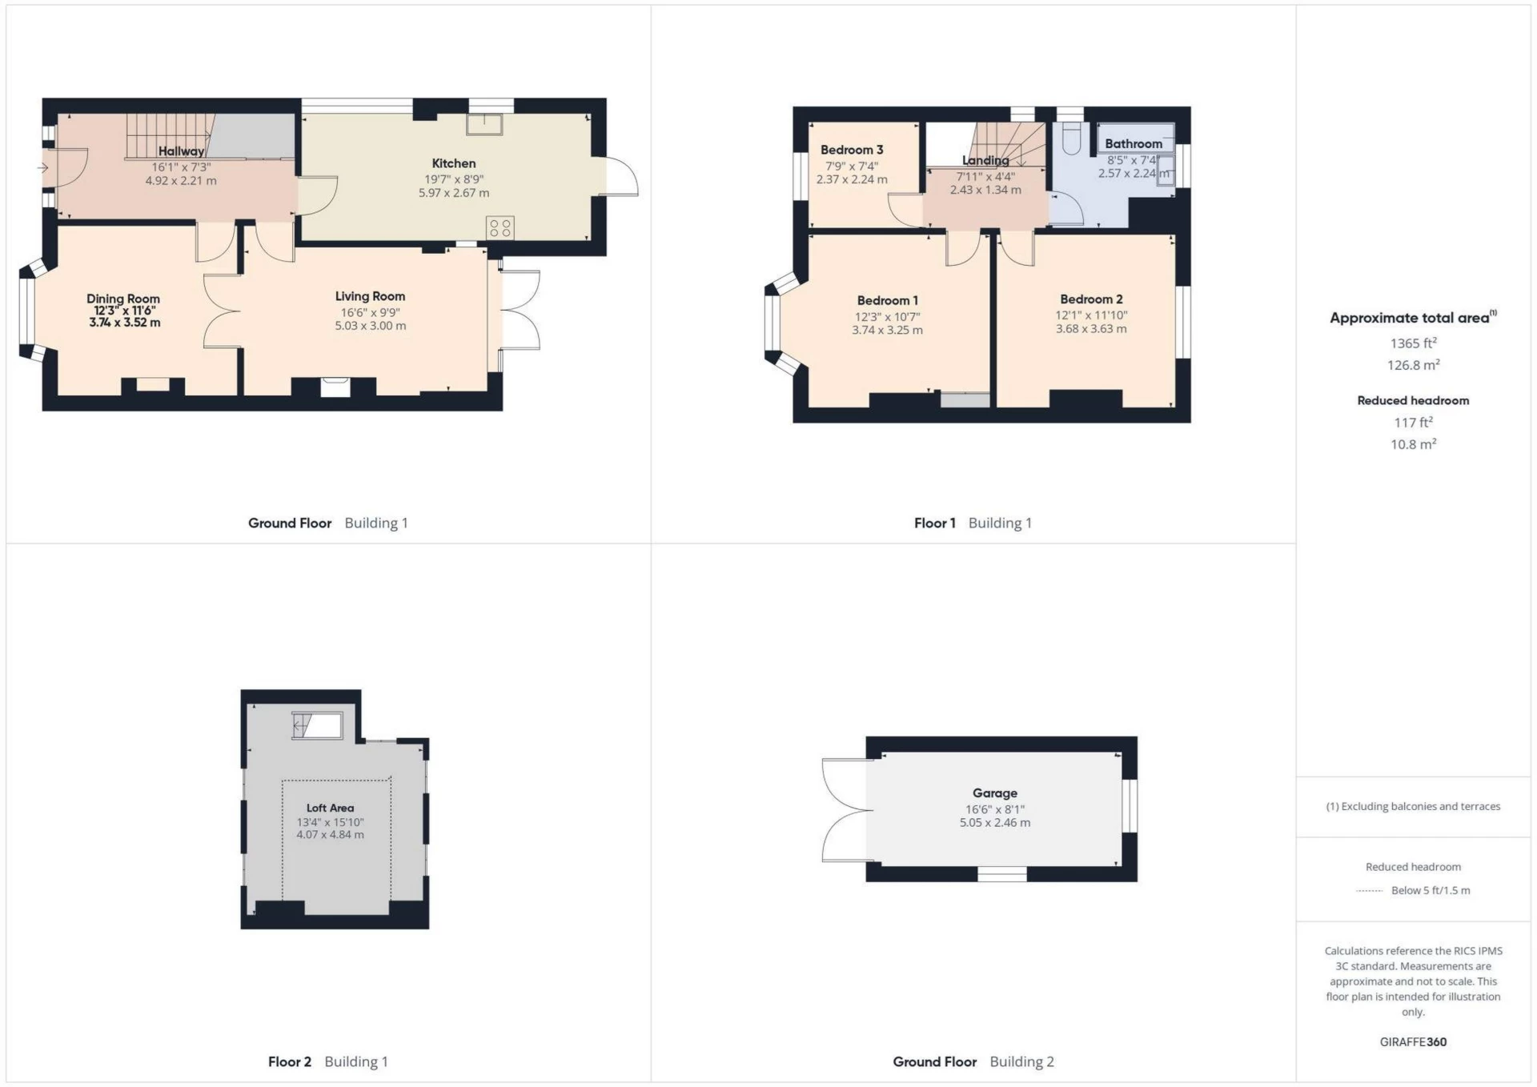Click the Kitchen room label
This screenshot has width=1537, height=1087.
(453, 163)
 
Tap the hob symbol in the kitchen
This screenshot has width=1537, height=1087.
(500, 227)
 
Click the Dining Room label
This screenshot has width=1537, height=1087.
(123, 299)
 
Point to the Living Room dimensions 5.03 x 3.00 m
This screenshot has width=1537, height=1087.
(370, 327)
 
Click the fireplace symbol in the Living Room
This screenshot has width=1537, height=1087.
(335, 387)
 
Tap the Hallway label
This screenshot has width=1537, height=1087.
(181, 151)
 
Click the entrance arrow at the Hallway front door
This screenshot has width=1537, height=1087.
(42, 168)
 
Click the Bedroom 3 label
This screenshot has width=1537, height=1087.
(851, 150)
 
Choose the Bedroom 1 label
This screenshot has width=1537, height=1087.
(887, 301)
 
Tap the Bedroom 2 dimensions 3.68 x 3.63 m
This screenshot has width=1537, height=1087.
(1090, 329)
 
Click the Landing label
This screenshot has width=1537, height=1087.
(985, 160)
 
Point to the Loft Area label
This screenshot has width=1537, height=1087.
(330, 808)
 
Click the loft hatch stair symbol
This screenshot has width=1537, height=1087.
(317, 725)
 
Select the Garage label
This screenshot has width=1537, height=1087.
(994, 793)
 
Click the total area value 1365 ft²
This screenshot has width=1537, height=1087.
(1413, 343)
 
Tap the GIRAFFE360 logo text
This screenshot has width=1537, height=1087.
(1413, 1042)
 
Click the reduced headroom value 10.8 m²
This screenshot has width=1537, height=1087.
(1413, 444)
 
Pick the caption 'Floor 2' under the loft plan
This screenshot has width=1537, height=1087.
(289, 1062)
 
